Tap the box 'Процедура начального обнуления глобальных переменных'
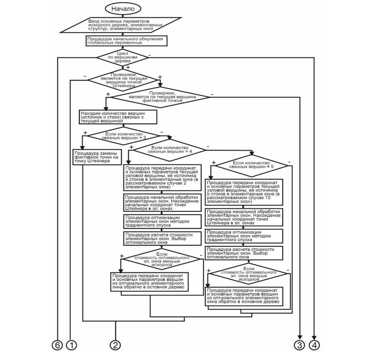pyautogui.click(x=126, y=41)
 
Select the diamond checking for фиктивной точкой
pyautogui.click(x=160, y=97)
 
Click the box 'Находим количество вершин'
pyautogui.click(x=119, y=117)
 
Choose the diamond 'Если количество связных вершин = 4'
pyautogui.click(x=168, y=149)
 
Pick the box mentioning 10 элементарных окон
pyautogui.click(x=245, y=192)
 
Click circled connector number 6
pyautogui.click(x=57, y=345)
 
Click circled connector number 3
pyautogui.click(x=299, y=345)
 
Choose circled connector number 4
pyautogui.click(x=314, y=345)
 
